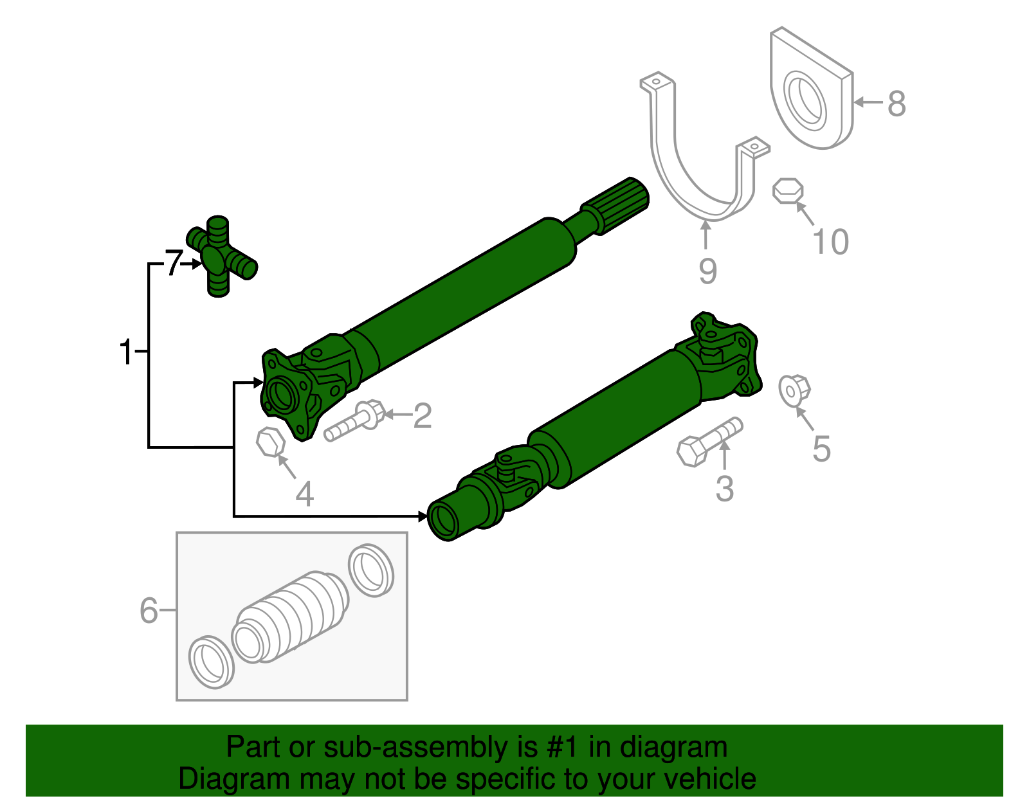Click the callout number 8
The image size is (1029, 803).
(897, 104)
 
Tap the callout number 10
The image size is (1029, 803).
(830, 242)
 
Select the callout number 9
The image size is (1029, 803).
(707, 271)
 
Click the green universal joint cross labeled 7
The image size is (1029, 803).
(221, 257)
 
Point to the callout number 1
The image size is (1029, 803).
(126, 352)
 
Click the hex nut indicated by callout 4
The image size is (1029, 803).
(270, 442)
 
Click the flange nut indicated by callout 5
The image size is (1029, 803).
(794, 390)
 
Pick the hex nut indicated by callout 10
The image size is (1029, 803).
(788, 191)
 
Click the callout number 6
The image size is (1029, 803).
(149, 609)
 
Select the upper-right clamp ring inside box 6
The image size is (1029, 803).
(370, 570)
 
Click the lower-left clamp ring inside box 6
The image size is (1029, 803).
(211, 662)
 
